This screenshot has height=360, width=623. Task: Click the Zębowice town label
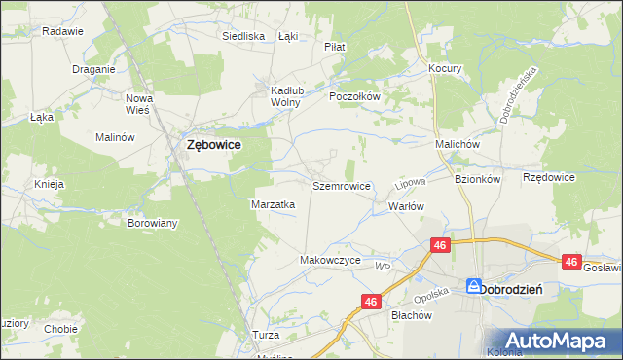click(213, 145)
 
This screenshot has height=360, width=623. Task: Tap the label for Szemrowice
click(341, 185)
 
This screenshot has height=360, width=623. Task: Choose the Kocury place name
click(445, 69)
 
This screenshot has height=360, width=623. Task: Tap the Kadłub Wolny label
click(288, 96)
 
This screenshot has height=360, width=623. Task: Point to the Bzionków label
click(477, 179)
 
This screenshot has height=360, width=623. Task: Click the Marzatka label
click(274, 205)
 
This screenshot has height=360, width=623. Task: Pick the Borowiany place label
click(153, 223)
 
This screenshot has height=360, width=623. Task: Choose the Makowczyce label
click(331, 261)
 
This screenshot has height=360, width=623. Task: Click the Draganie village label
click(94, 69)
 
